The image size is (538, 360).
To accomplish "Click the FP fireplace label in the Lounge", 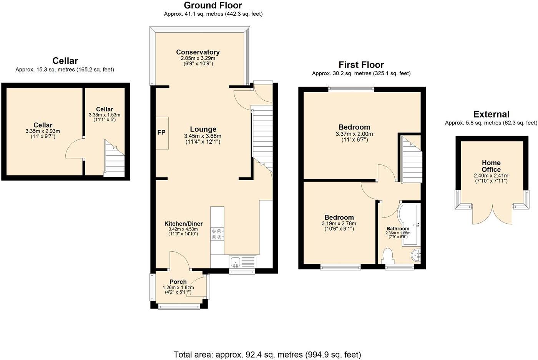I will [x=161, y=133].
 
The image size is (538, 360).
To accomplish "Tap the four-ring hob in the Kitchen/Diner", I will [x=217, y=234].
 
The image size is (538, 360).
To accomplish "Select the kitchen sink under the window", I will [x=235, y=262].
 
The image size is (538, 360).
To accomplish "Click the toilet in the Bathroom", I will [x=388, y=256].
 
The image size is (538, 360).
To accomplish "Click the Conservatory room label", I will [x=198, y=52].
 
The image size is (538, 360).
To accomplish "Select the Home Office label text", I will [x=491, y=166].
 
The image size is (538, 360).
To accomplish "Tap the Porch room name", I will [x=178, y=282].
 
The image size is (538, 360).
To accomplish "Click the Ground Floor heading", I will [x=213, y=5].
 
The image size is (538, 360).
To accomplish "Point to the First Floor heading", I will [x=361, y=65].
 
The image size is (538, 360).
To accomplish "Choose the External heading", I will [x=491, y=114].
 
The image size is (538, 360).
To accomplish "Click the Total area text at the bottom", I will [x=267, y=354].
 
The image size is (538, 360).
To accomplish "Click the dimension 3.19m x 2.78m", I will [x=339, y=224].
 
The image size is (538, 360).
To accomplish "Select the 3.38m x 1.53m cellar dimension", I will [x=105, y=115].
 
